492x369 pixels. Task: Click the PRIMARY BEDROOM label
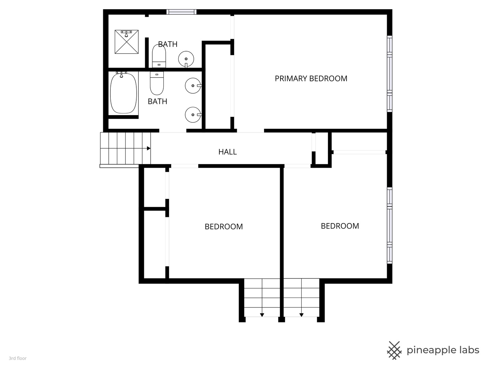pyautogui.click(x=311, y=79)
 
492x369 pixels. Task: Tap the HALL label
pyautogui.click(x=228, y=152)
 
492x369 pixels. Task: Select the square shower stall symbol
pyautogui.click(x=127, y=42)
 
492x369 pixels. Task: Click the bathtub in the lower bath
pyautogui.click(x=123, y=93)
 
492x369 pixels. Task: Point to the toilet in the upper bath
pyautogui.click(x=159, y=56)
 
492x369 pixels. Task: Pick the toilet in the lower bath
pyautogui.click(x=157, y=83)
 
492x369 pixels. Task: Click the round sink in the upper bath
pyautogui.click(x=186, y=59)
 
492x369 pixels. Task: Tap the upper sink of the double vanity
pyautogui.click(x=193, y=85)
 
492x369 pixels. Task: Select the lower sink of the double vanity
pyautogui.click(x=193, y=115)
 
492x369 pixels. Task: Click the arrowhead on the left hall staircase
pyautogui.click(x=149, y=148)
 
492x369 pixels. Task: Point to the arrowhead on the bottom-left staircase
pyautogui.click(x=262, y=315)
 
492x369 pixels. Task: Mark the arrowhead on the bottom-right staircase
pyautogui.click(x=301, y=315)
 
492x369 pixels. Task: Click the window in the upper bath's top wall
pyautogui.click(x=181, y=12)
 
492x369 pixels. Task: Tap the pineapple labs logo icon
pyautogui.click(x=394, y=351)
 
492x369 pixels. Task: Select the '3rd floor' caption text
pyautogui.click(x=18, y=358)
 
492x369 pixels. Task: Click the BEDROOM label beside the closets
pyautogui.click(x=224, y=227)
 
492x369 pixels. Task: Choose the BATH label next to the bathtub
pyautogui.click(x=158, y=101)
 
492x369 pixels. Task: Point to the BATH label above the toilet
pyautogui.click(x=168, y=44)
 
